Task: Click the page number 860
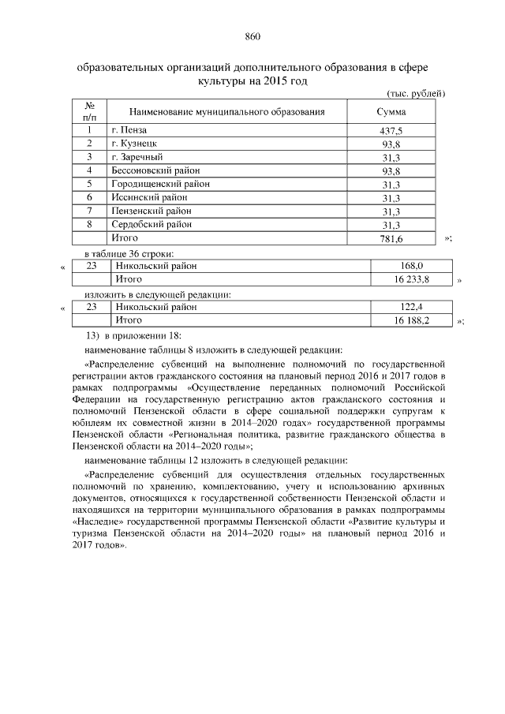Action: click(x=252, y=36)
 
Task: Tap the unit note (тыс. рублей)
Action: click(x=417, y=94)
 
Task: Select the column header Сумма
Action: click(x=391, y=112)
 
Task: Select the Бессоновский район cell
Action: click(x=155, y=170)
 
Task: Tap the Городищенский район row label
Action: click(x=159, y=184)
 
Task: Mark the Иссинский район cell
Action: click(x=149, y=197)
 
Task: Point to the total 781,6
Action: click(x=391, y=238)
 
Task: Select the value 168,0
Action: click(x=413, y=267)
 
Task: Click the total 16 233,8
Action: click(x=413, y=280)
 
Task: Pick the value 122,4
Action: click(x=413, y=307)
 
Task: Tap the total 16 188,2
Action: click(x=413, y=320)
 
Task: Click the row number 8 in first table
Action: click(x=90, y=224)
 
